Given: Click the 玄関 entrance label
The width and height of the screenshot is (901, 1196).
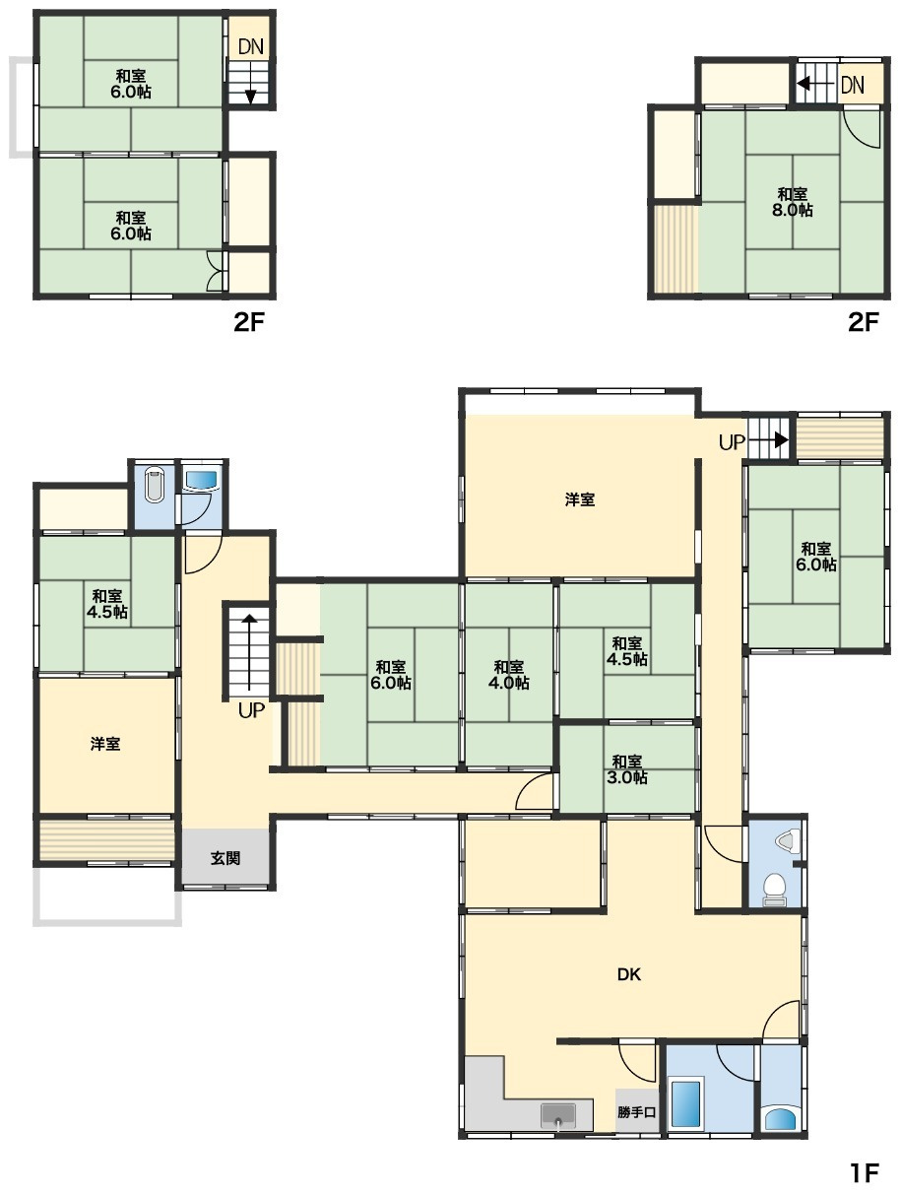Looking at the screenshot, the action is [225, 858].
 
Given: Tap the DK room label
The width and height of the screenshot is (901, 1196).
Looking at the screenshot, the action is [628, 974].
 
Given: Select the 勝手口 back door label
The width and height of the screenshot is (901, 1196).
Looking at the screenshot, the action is [636, 1111].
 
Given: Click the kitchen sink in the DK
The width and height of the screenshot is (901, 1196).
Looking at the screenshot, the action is [557, 1115].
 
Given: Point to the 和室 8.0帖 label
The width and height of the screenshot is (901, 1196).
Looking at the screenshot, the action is [791, 202].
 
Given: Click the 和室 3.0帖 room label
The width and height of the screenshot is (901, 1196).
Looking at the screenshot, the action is [626, 768].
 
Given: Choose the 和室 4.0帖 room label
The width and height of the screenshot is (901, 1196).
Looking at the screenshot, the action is [508, 675].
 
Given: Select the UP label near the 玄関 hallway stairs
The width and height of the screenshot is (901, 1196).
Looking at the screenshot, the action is [251, 710].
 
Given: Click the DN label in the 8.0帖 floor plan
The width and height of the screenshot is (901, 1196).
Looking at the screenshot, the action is [852, 85].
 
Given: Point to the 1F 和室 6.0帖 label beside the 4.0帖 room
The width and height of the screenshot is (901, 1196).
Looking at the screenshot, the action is [390, 675].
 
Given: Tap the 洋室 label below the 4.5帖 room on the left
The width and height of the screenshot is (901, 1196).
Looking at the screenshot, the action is [105, 744].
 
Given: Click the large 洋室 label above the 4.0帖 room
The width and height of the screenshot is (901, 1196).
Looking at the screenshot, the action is [579, 499].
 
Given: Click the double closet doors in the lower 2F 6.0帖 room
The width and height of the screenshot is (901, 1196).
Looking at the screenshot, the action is [216, 270].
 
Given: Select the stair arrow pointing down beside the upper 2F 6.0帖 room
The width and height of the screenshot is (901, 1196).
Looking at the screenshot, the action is [250, 82].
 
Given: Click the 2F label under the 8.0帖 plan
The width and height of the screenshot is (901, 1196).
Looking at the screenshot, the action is [863, 322].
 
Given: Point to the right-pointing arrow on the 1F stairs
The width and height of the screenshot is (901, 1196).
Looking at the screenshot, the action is [768, 438].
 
